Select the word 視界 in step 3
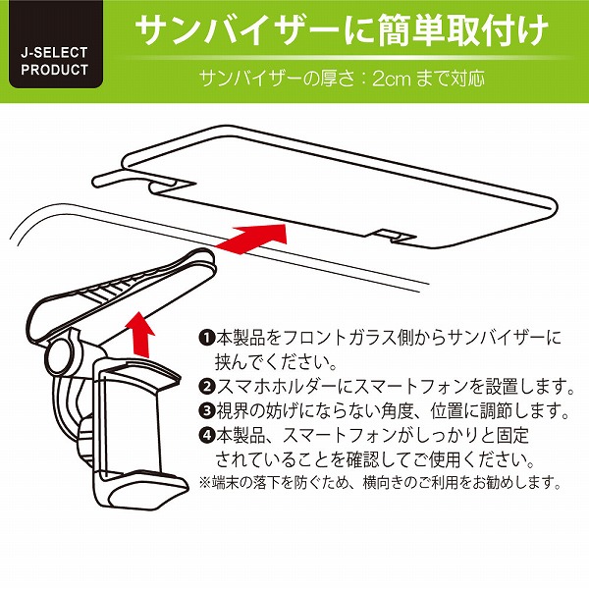point(232,409)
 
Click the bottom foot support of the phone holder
point(142,492)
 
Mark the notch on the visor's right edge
point(394,234)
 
